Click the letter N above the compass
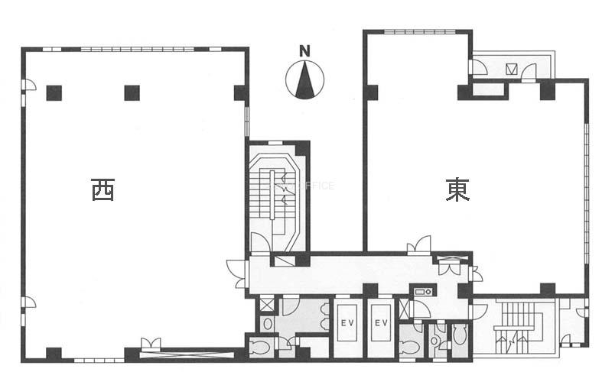tap(305, 52)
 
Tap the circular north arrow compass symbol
tap(305, 79)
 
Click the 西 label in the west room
tap(103, 189)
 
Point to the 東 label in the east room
tap(457, 189)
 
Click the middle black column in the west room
tap(132, 93)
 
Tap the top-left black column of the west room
tap(54, 93)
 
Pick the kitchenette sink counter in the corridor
tap(422, 291)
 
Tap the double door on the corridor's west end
tap(236, 273)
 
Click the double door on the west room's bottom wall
tap(151, 345)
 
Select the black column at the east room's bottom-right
tap(547, 290)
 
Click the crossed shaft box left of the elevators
tap(267, 305)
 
